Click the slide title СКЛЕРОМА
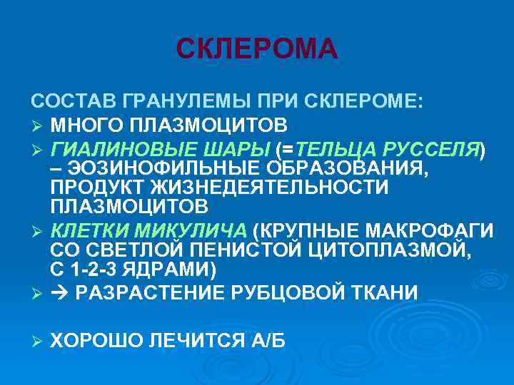[256, 48]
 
